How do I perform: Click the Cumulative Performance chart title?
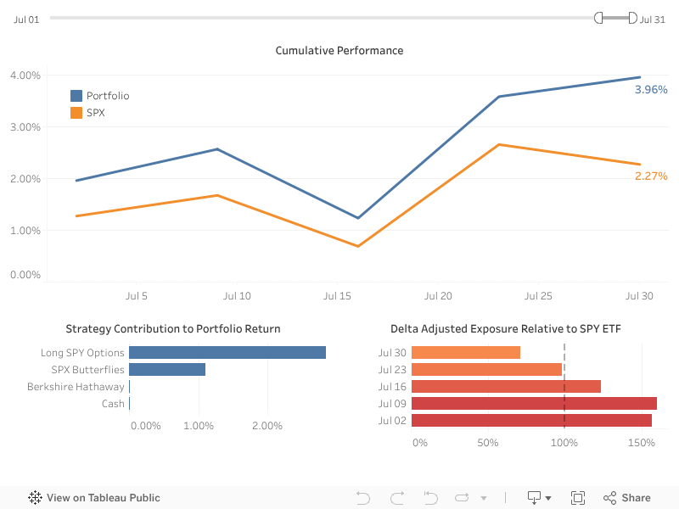click(339, 51)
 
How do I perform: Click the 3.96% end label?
click(651, 89)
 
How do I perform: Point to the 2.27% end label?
click(651, 176)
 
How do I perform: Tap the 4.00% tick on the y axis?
click(25, 76)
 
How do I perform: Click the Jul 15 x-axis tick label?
click(337, 296)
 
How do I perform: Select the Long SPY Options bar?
click(227, 353)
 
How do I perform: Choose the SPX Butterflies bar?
click(167, 370)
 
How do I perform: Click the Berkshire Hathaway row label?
click(76, 387)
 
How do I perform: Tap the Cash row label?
click(113, 404)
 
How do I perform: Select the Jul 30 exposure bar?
click(466, 353)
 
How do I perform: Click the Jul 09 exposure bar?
click(534, 404)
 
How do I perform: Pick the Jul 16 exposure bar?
click(506, 387)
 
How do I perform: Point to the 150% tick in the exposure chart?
click(641, 443)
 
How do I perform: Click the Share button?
click(627, 498)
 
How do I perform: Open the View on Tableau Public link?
click(94, 498)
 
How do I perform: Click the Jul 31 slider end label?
click(653, 19)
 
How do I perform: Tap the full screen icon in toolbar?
click(578, 498)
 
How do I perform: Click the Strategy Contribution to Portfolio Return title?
click(173, 329)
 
